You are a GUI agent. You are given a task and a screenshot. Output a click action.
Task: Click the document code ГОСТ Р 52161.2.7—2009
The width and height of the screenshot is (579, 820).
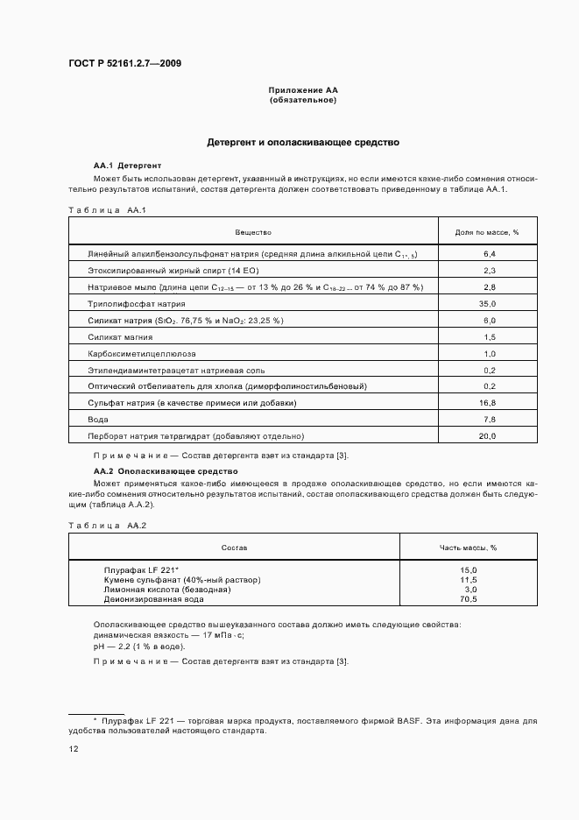125,62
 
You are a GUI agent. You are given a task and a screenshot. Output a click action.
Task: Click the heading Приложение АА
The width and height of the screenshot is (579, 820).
302,90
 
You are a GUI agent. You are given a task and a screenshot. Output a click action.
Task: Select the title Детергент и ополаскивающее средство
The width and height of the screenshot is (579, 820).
302,141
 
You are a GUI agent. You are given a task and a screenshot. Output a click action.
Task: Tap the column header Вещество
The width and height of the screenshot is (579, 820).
253,232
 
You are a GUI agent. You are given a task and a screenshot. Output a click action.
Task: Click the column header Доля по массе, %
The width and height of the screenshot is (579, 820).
488,232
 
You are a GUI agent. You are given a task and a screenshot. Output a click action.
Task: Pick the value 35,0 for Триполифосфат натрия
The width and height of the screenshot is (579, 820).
488,303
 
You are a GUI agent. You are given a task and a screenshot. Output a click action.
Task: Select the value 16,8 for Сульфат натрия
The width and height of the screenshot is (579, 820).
488,402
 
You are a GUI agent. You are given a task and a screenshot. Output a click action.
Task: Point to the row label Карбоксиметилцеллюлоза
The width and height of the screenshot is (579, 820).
142,353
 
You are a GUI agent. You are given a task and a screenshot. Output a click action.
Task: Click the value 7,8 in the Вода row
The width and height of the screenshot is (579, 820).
489,419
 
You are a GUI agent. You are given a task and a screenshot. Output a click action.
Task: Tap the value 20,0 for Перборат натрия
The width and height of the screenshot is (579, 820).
488,435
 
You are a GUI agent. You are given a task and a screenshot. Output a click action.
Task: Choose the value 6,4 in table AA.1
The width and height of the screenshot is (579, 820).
489,253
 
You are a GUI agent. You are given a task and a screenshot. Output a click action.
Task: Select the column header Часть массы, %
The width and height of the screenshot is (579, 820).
468,547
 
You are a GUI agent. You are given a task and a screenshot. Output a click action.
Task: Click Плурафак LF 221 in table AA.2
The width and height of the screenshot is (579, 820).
141,570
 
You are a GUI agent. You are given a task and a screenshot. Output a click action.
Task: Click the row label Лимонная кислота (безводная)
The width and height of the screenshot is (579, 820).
166,590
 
